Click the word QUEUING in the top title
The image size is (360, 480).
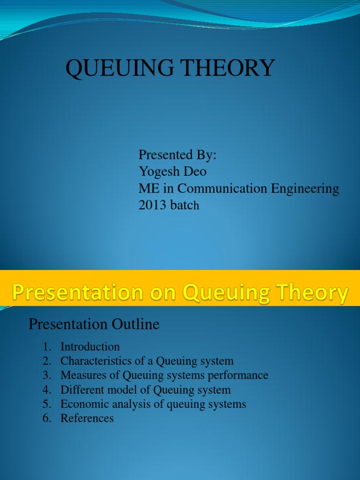120,68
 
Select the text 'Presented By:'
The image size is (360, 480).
177,155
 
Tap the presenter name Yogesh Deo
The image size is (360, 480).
172,172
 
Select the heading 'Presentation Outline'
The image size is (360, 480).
94,324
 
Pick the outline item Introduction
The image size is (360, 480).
90,347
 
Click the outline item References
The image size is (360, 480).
87,419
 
